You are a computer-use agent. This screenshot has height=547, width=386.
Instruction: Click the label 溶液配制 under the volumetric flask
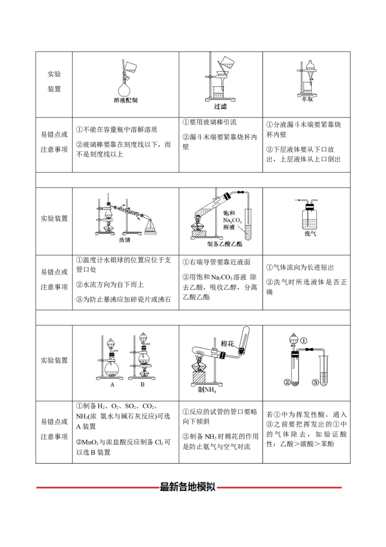coord(125,101)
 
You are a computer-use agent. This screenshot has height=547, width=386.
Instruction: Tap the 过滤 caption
coord(220,106)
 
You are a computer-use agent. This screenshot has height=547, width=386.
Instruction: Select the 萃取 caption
coord(307,100)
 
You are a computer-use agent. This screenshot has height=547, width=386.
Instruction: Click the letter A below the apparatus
coord(112,385)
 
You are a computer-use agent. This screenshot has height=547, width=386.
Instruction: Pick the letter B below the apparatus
coord(142,385)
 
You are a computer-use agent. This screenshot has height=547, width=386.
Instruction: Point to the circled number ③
coord(315,383)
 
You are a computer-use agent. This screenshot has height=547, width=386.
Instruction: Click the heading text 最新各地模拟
coord(187,487)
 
